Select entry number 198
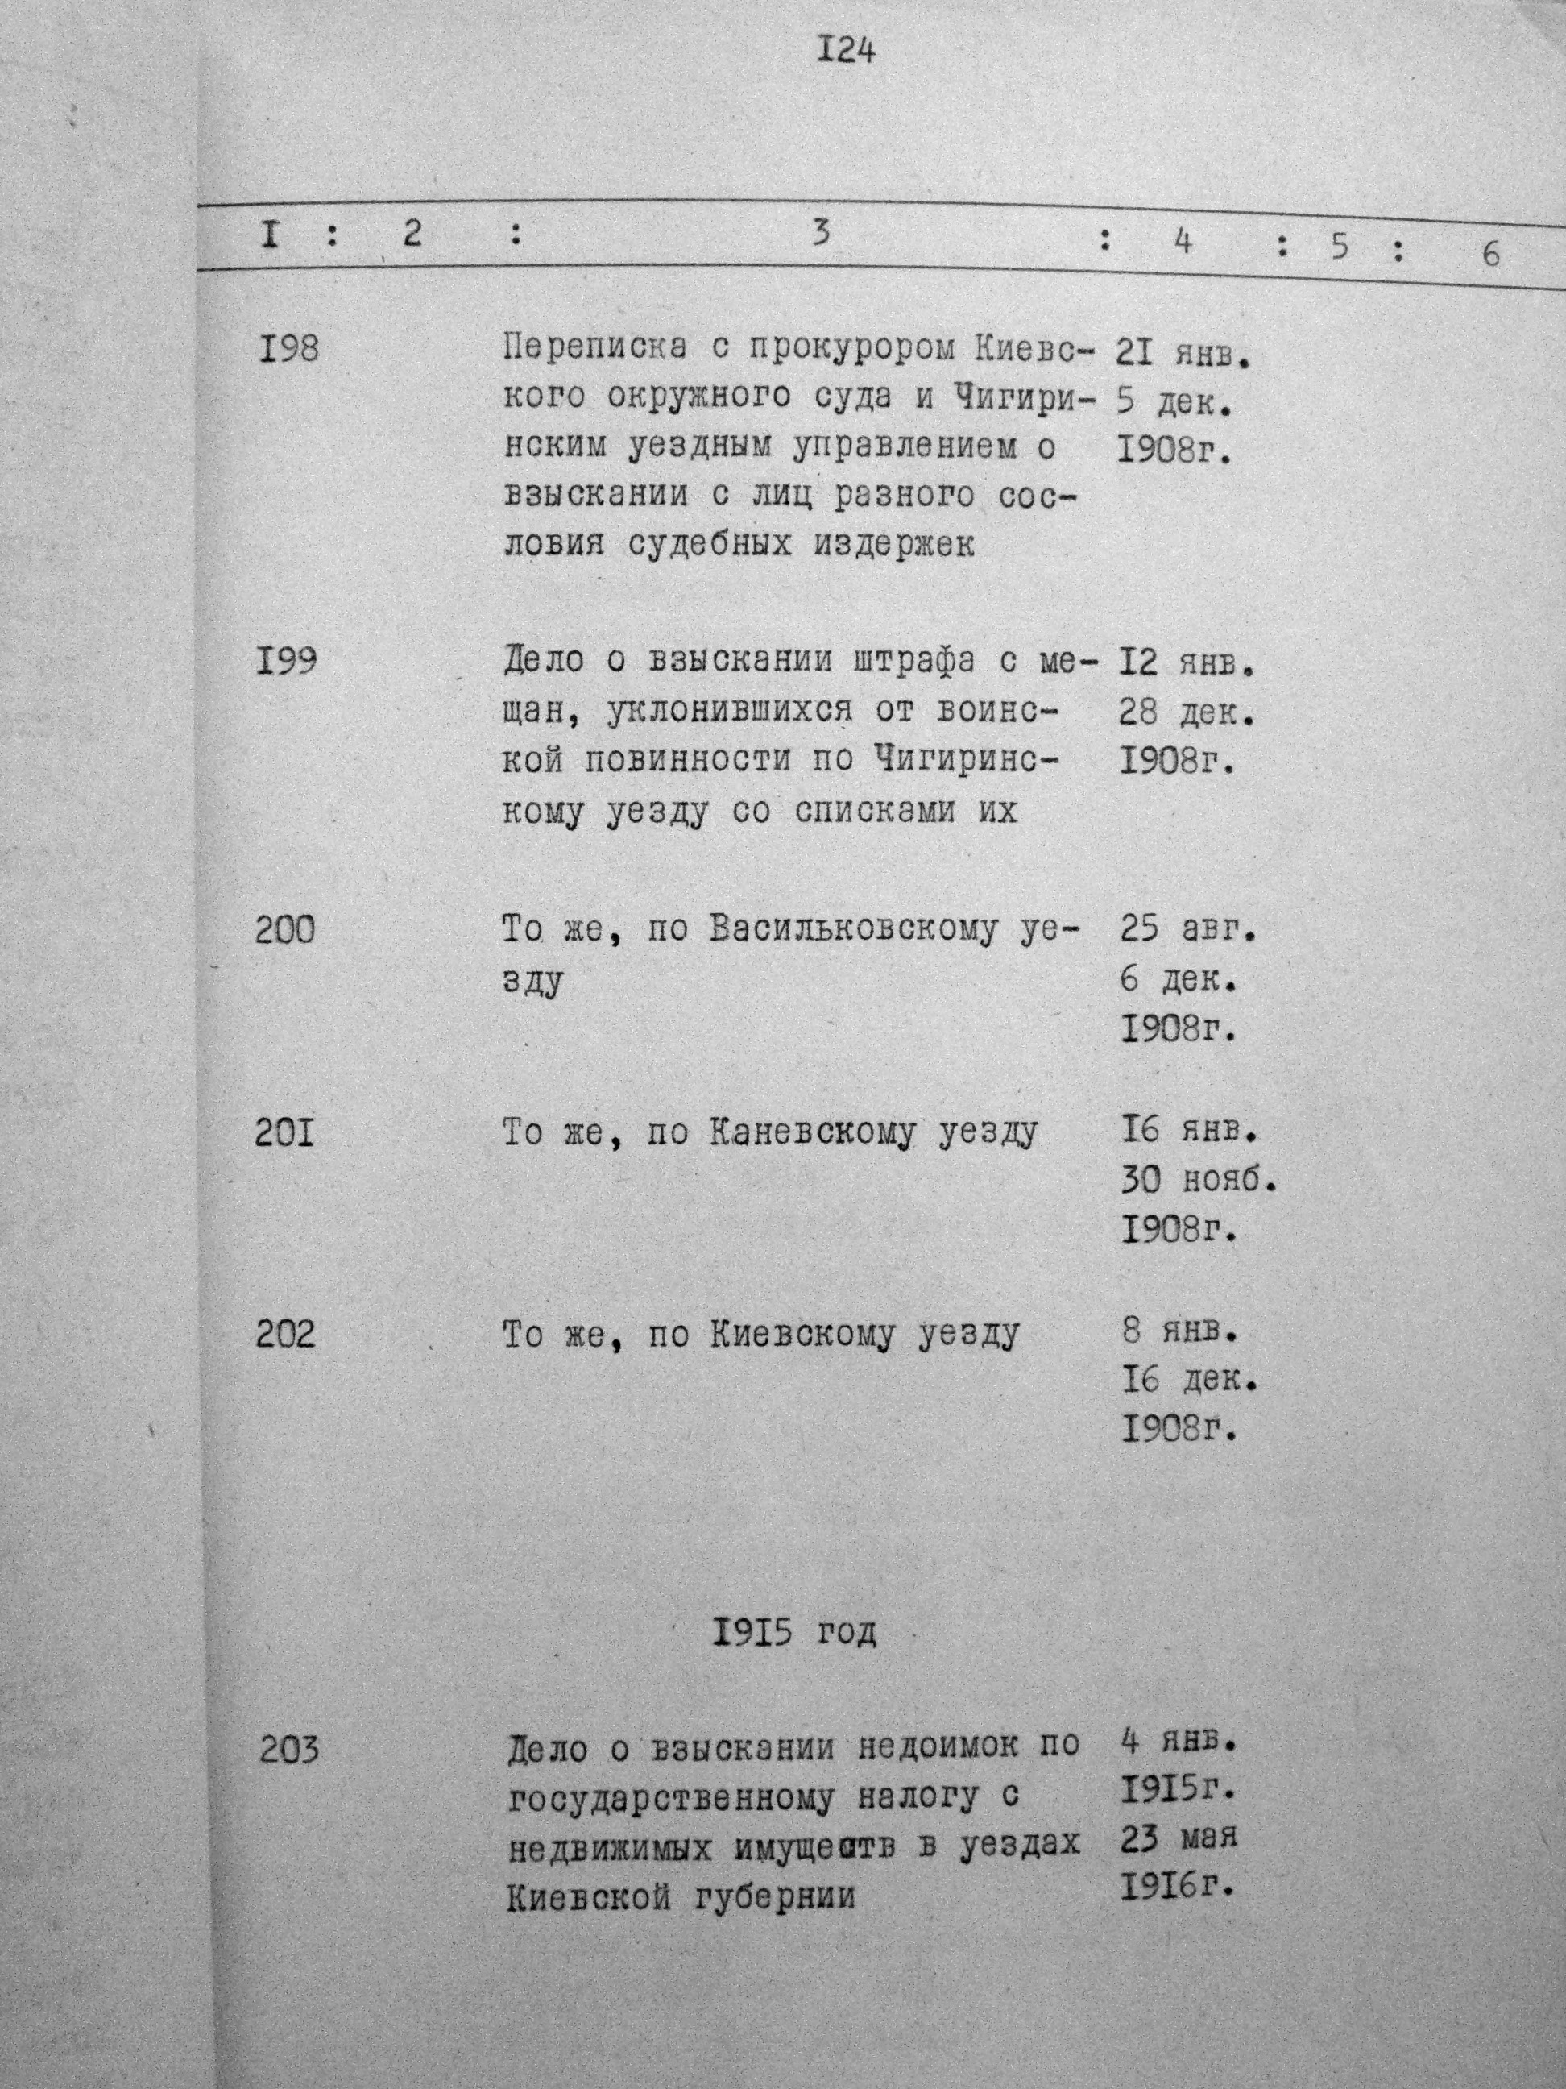click(x=288, y=350)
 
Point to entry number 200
click(x=286, y=930)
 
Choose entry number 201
click(x=285, y=1132)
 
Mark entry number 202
click(x=286, y=1335)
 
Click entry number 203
click(x=289, y=1750)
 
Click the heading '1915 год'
click(x=793, y=1632)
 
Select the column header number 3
click(x=821, y=232)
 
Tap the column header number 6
click(x=1490, y=253)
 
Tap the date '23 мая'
click(x=1179, y=1836)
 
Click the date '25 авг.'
click(x=1188, y=930)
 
